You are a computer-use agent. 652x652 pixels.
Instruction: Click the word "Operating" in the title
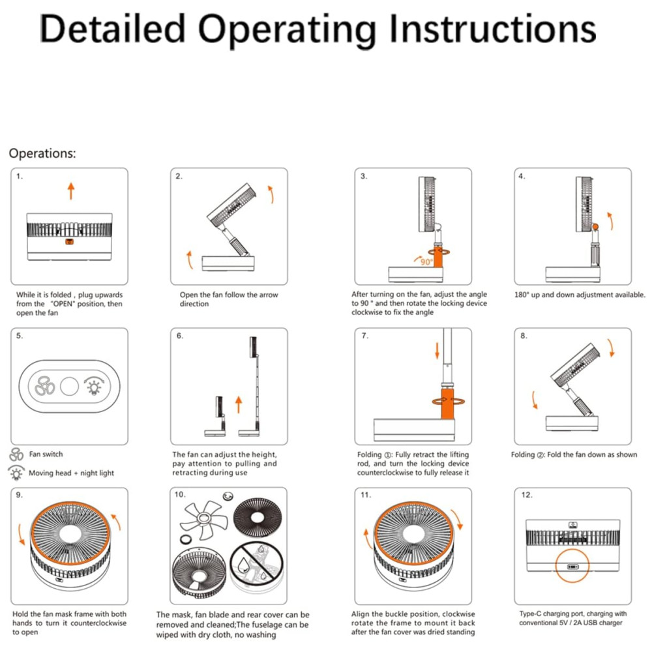[x=287, y=29]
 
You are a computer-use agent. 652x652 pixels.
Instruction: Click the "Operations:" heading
[x=42, y=154]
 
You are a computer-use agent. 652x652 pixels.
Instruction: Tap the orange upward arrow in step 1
[x=70, y=192]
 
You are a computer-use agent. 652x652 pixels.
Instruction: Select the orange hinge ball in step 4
[x=595, y=226]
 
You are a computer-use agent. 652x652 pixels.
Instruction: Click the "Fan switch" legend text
[x=46, y=454]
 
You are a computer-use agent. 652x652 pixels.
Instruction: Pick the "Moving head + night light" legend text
[x=71, y=473]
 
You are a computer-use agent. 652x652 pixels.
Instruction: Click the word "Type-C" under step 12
[x=531, y=614]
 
